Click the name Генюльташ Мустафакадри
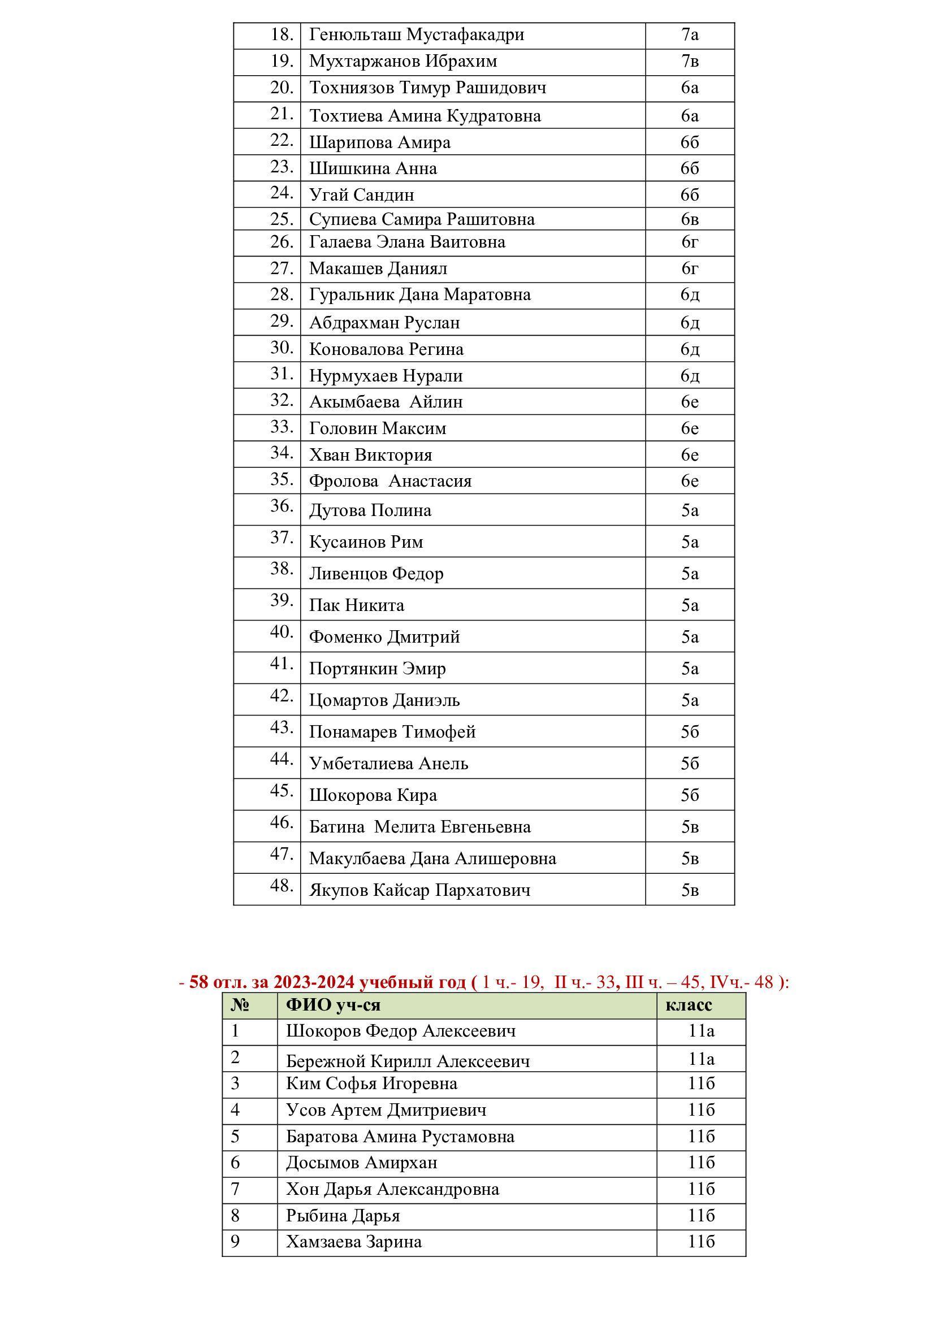[416, 34]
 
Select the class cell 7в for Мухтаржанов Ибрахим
[689, 61]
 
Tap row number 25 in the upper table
[282, 219]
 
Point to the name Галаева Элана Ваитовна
[407, 242]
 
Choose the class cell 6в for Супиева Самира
[689, 219]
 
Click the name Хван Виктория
[370, 455]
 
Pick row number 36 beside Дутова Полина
[282, 506]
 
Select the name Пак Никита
[356, 605]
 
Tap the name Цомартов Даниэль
[384, 700]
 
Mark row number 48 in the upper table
[282, 886]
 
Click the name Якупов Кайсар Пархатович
[419, 890]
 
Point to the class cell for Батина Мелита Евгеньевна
[689, 827]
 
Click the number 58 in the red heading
[198, 982]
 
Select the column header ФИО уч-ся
[334, 1005]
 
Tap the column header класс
[689, 1005]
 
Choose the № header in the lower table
[240, 1005]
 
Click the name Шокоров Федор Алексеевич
[401, 1031]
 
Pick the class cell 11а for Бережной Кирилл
[700, 1058]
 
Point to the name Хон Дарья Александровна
[392, 1189]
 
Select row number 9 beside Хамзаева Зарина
[235, 1241]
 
